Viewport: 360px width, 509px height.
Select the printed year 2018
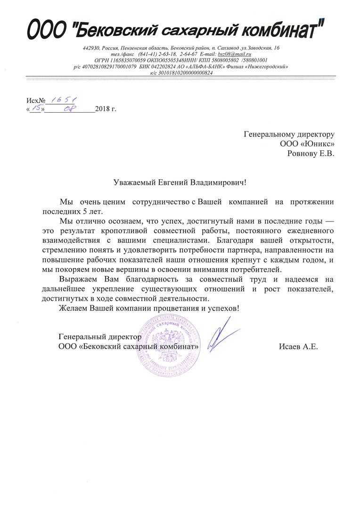click(x=102, y=109)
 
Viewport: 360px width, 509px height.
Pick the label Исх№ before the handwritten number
click(x=35, y=100)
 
